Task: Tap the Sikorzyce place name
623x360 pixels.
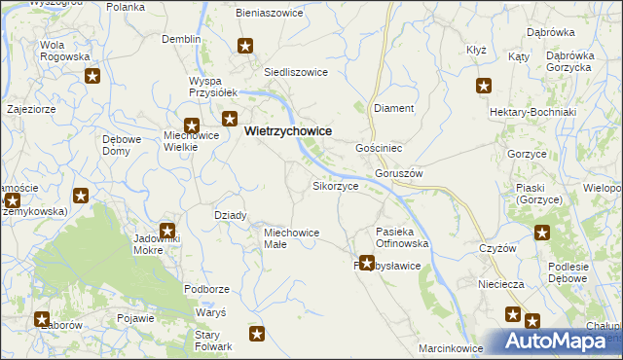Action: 336,185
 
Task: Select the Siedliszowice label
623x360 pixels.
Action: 296,72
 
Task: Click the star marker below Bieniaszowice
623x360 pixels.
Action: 246,46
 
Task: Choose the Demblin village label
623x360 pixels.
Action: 181,39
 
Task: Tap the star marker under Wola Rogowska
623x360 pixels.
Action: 93,77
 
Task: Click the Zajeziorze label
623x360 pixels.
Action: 30,109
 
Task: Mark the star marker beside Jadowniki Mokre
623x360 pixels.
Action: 167,232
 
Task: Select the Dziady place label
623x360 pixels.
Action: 230,215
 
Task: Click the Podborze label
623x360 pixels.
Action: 206,289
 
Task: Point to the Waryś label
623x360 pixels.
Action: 210,312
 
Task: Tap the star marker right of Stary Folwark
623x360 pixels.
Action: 257,335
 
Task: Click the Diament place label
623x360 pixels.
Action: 394,108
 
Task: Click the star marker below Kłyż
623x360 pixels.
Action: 484,87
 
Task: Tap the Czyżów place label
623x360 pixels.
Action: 496,248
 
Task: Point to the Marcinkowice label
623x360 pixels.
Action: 451,347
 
